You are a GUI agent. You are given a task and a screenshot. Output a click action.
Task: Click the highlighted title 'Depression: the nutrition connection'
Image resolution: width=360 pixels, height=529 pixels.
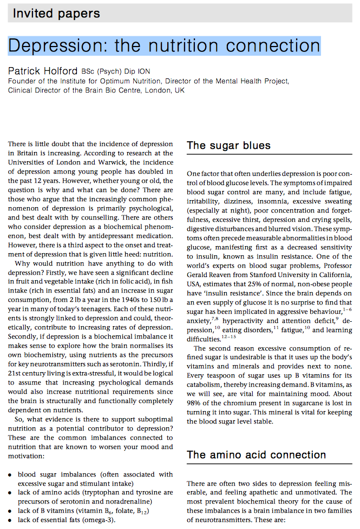164,45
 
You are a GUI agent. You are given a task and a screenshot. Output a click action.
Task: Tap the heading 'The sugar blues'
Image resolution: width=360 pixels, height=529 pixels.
228,146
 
